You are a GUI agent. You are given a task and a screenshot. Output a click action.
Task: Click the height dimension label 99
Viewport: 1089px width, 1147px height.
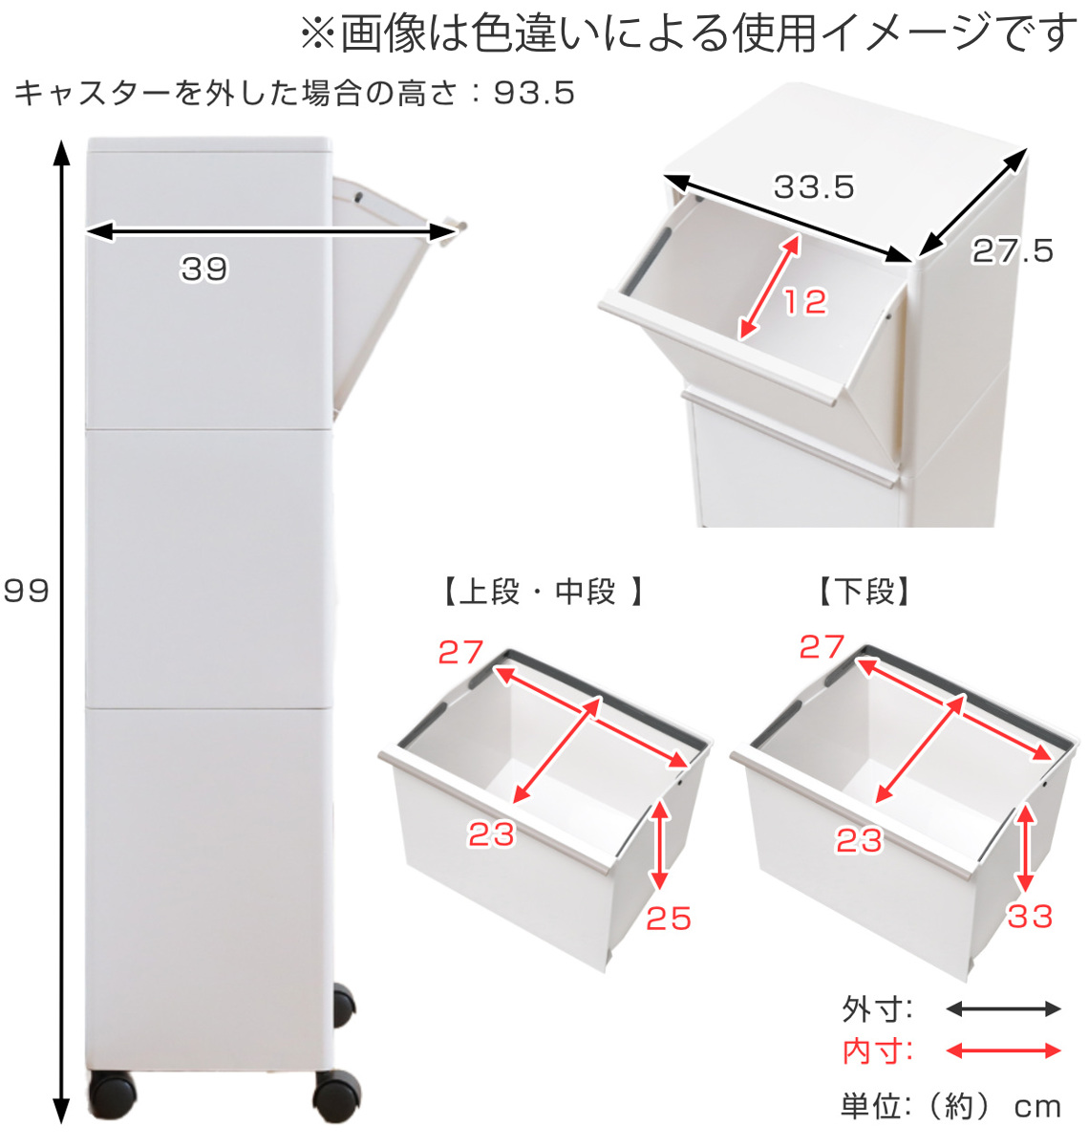click(x=26, y=591)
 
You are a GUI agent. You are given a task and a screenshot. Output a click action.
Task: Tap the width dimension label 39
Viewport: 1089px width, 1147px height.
click(x=204, y=270)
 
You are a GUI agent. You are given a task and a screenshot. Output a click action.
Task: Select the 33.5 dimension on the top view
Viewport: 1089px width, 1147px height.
click(x=813, y=186)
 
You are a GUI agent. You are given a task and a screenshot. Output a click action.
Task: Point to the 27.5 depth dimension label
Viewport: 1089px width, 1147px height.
click(x=1013, y=251)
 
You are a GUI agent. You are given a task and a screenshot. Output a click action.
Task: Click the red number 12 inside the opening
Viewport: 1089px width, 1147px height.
click(x=804, y=302)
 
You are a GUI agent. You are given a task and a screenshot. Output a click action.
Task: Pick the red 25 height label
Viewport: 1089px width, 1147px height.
click(x=668, y=919)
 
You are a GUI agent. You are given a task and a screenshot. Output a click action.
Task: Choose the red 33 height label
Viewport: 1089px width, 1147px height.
click(x=1030, y=917)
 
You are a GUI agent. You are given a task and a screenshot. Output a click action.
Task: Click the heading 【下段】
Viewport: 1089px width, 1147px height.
click(x=865, y=593)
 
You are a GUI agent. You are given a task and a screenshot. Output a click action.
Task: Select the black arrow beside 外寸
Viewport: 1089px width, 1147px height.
click(x=1003, y=1009)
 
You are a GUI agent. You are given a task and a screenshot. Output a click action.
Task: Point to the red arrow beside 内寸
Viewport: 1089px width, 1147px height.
click(x=1003, y=1051)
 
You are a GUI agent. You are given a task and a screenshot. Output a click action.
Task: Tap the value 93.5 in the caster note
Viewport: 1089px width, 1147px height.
click(x=534, y=93)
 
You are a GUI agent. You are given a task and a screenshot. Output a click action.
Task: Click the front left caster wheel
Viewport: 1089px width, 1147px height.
click(x=112, y=1096)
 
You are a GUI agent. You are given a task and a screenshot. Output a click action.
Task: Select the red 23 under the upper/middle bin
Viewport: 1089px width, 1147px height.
click(x=491, y=834)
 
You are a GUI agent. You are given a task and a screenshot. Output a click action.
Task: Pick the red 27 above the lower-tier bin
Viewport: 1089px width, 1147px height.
click(x=822, y=647)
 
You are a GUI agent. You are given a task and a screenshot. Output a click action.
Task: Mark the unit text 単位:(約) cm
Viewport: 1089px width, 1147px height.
click(x=950, y=1107)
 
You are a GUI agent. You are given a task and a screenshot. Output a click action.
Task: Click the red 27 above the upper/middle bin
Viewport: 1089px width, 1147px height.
click(x=460, y=652)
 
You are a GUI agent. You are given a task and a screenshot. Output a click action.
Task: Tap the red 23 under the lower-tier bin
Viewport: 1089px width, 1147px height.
click(x=859, y=841)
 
